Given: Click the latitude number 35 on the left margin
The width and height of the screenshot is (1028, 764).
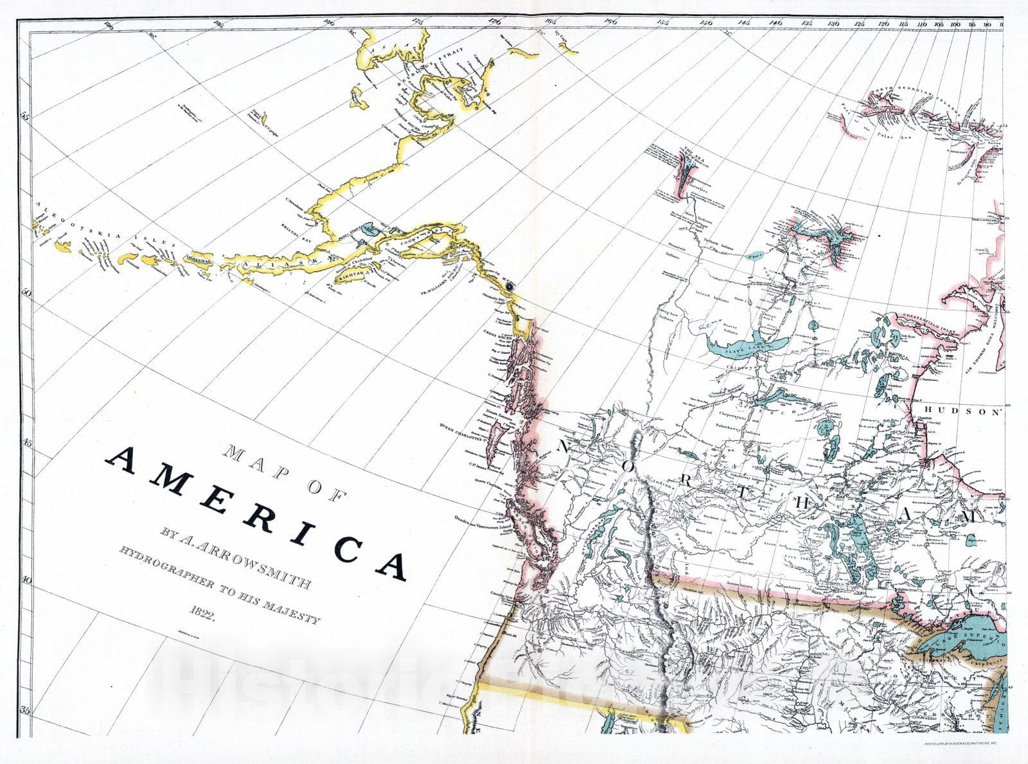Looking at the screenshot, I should click(26, 710).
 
